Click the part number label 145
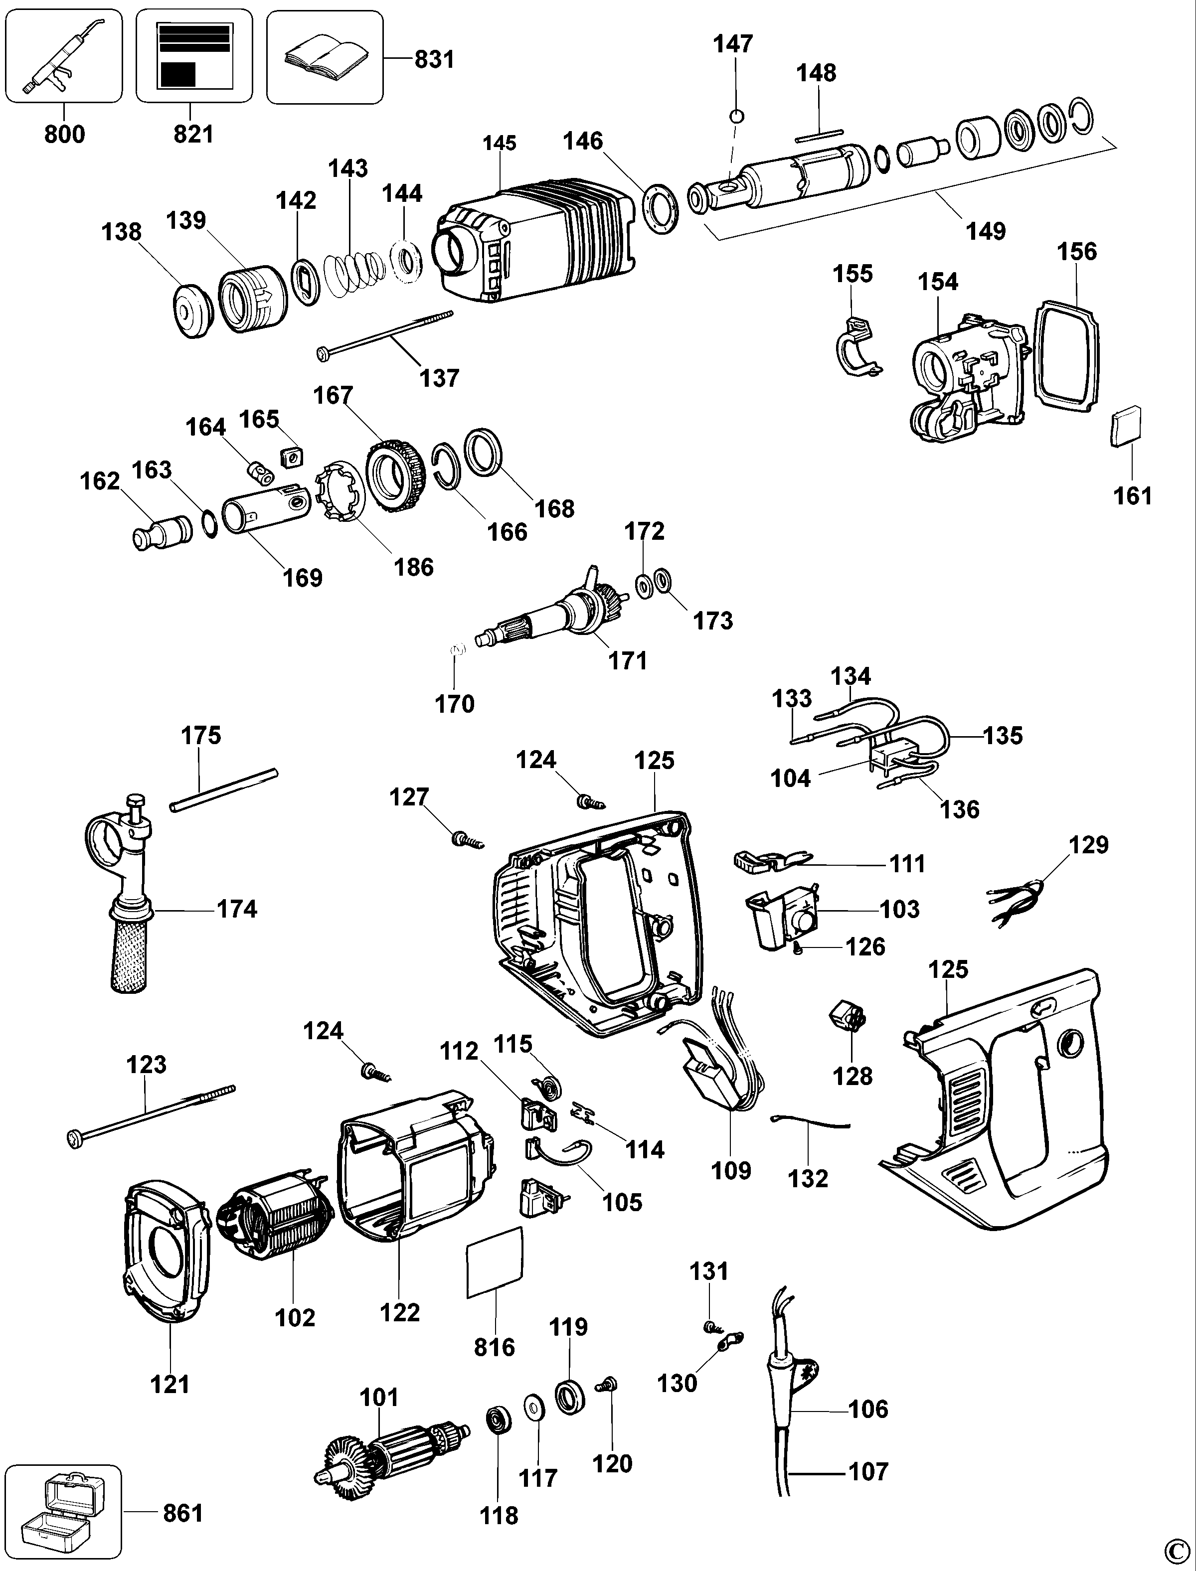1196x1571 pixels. point(499,143)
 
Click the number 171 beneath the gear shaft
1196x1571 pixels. point(627,660)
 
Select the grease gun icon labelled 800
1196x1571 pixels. point(63,56)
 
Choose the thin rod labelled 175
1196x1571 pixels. point(223,790)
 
